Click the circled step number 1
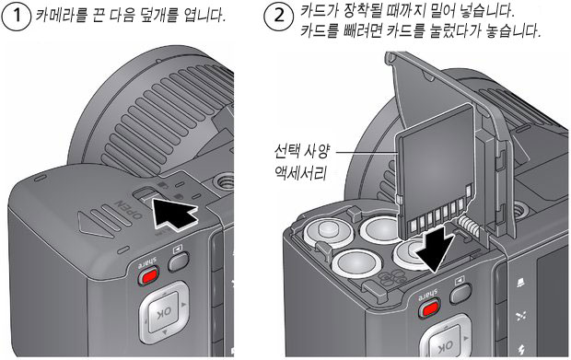click(x=16, y=16)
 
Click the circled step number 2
click(x=279, y=16)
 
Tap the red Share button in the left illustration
click(x=149, y=275)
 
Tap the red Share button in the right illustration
click(x=430, y=308)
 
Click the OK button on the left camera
click(x=164, y=311)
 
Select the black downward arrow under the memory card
click(x=437, y=249)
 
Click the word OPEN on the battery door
click(x=129, y=209)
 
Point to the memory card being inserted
click(x=436, y=171)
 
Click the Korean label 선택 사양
click(x=302, y=151)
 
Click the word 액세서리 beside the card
click(x=300, y=173)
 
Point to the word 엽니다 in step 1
click(x=205, y=16)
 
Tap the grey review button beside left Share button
click(x=179, y=261)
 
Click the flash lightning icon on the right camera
click(x=522, y=349)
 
